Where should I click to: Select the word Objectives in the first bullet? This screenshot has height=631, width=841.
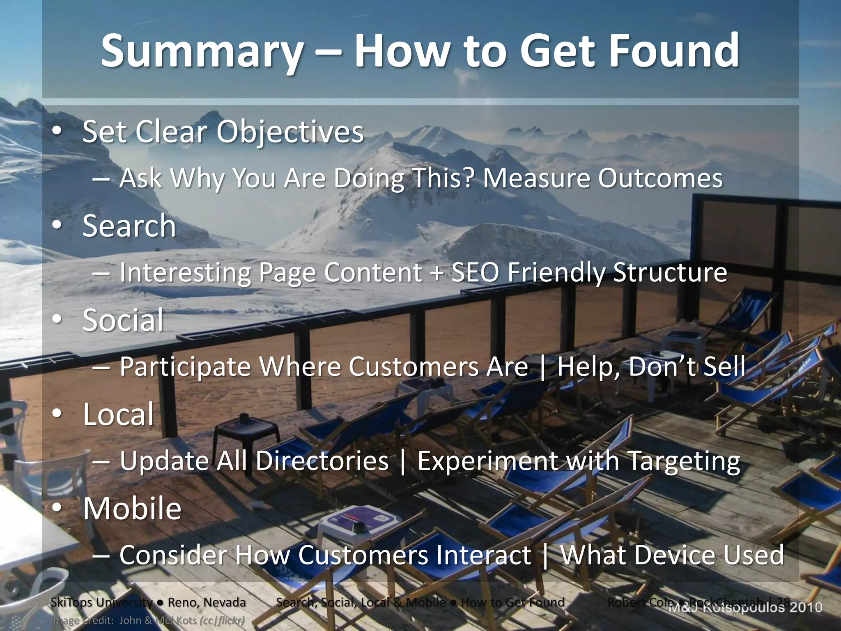tap(290, 132)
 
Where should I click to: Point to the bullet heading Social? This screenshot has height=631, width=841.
tap(123, 320)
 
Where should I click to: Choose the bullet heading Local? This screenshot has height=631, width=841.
tap(118, 414)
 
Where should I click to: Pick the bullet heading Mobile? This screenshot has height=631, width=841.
tap(132, 509)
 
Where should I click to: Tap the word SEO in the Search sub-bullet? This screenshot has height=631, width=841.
tap(475, 272)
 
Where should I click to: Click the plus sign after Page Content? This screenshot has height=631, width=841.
tap(437, 273)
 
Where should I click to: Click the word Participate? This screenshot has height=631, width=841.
tap(185, 366)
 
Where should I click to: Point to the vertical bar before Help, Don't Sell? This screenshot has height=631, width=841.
tap(543, 367)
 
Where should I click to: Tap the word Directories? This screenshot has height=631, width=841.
tap(322, 461)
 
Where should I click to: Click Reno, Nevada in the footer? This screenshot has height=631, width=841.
tap(207, 602)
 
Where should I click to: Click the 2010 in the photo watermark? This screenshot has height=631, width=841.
tap(807, 607)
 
